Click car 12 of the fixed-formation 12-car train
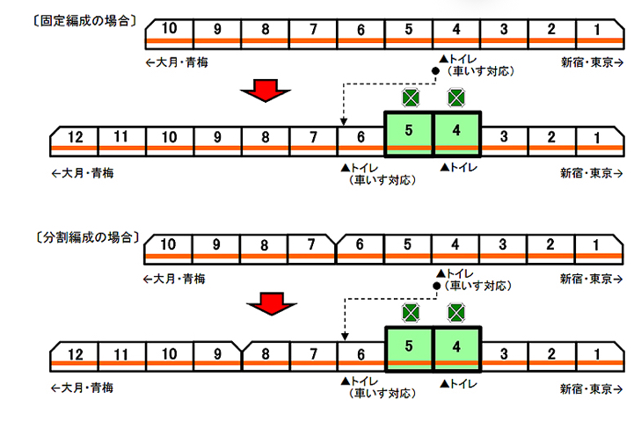[74, 136]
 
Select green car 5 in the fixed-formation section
[409, 134]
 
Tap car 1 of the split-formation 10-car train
[597, 247]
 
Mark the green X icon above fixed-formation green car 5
[409, 97]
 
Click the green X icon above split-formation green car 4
[456, 312]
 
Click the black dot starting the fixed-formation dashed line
[434, 70]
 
